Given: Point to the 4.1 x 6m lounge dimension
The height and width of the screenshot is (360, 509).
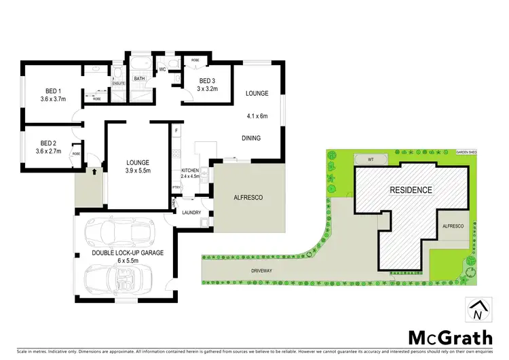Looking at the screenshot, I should [x=257, y=116].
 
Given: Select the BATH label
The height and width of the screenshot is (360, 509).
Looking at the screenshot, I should [x=140, y=79].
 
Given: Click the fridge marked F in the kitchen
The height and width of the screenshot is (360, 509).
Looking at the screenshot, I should [x=176, y=129].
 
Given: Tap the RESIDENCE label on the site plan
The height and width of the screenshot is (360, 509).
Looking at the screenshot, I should [x=410, y=190].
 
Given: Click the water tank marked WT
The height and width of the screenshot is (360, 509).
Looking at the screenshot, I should [x=371, y=160].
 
